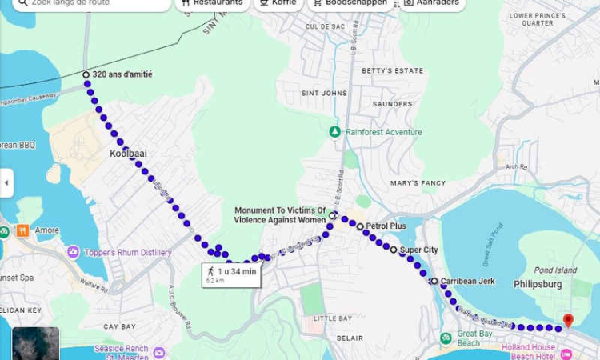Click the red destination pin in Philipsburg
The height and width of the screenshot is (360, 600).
click(568, 320)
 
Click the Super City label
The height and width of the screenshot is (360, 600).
click(418, 250)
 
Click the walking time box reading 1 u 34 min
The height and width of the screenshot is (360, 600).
click(230, 275)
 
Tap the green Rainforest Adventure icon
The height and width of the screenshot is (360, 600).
click(335, 132)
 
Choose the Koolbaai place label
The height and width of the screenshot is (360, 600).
click(128, 153)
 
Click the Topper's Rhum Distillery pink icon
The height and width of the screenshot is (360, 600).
click(74, 253)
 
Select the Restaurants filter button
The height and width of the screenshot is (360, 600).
click(211, 3)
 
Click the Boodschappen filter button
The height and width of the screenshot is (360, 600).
click(349, 3)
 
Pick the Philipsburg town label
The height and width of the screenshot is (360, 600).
click(538, 283)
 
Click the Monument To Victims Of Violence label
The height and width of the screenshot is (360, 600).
click(279, 215)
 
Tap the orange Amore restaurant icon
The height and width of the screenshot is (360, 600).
click(22, 230)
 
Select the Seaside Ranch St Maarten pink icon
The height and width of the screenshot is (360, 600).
click(159, 353)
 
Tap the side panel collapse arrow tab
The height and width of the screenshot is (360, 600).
click(6, 182)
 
